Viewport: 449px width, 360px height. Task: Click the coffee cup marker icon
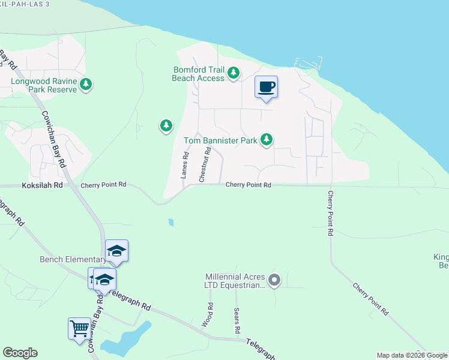[x=267, y=87]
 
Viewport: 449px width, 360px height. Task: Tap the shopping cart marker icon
[x=79, y=328]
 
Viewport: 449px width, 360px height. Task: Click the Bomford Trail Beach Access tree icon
[x=234, y=74]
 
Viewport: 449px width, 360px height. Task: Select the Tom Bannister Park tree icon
[x=267, y=140]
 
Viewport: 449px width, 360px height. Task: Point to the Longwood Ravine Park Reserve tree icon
[x=86, y=85]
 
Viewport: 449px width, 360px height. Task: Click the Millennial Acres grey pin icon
[x=274, y=280]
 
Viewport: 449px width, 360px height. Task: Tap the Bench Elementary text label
[x=73, y=260]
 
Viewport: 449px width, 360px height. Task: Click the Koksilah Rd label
[x=42, y=186]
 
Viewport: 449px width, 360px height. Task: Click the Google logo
[x=20, y=353]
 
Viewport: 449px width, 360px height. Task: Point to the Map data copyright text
[x=412, y=355]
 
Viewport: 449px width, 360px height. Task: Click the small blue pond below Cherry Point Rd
[x=171, y=223]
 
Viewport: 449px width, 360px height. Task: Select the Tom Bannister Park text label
[x=220, y=140]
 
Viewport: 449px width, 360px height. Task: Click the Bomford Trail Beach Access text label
[x=198, y=74]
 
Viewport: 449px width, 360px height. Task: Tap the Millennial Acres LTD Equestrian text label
[x=234, y=281]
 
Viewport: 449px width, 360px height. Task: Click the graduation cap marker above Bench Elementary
[x=116, y=251]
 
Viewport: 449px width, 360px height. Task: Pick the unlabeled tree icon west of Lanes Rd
[x=166, y=125]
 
